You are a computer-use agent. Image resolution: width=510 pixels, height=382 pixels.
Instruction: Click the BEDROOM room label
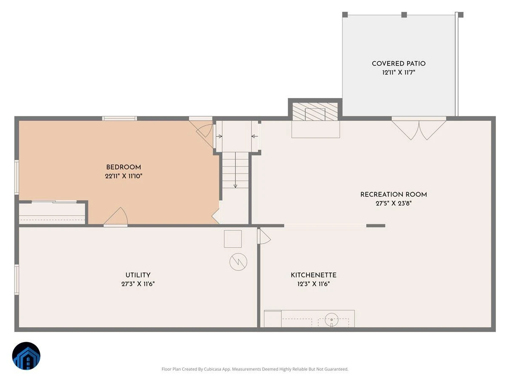click(x=123, y=167)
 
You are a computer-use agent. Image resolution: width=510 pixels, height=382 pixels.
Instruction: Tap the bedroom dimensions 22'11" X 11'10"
click(x=123, y=176)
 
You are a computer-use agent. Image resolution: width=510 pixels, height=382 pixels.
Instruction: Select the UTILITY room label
click(x=138, y=275)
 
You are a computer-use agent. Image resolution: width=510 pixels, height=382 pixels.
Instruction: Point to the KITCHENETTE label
click(x=313, y=275)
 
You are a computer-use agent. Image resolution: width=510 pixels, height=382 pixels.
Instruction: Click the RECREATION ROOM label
click(x=394, y=194)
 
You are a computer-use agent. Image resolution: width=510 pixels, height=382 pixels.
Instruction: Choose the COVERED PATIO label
click(x=399, y=64)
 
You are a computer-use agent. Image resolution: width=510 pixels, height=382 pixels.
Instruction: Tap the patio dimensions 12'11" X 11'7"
click(x=399, y=72)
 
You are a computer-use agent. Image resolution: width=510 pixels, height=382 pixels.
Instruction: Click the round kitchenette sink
click(x=331, y=319)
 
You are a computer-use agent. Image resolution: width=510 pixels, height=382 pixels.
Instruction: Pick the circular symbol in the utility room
click(x=238, y=262)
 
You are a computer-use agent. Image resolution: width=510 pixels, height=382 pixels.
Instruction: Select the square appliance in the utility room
click(x=232, y=239)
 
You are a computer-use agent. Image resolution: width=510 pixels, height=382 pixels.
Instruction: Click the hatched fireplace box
click(x=315, y=112)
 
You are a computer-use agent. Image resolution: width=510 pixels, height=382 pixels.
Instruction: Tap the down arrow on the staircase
click(x=235, y=170)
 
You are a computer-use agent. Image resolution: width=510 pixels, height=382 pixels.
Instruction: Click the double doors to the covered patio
click(x=419, y=128)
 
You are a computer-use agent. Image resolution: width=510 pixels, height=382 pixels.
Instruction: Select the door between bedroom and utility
click(x=116, y=217)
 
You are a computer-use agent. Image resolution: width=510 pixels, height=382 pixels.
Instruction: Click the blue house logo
click(x=26, y=356)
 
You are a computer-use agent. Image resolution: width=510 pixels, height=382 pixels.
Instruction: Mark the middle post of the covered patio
click(x=404, y=14)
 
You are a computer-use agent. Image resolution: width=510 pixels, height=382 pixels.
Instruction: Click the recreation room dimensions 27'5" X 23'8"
click(x=394, y=203)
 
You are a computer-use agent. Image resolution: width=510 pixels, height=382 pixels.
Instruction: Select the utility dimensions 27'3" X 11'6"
click(x=138, y=284)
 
